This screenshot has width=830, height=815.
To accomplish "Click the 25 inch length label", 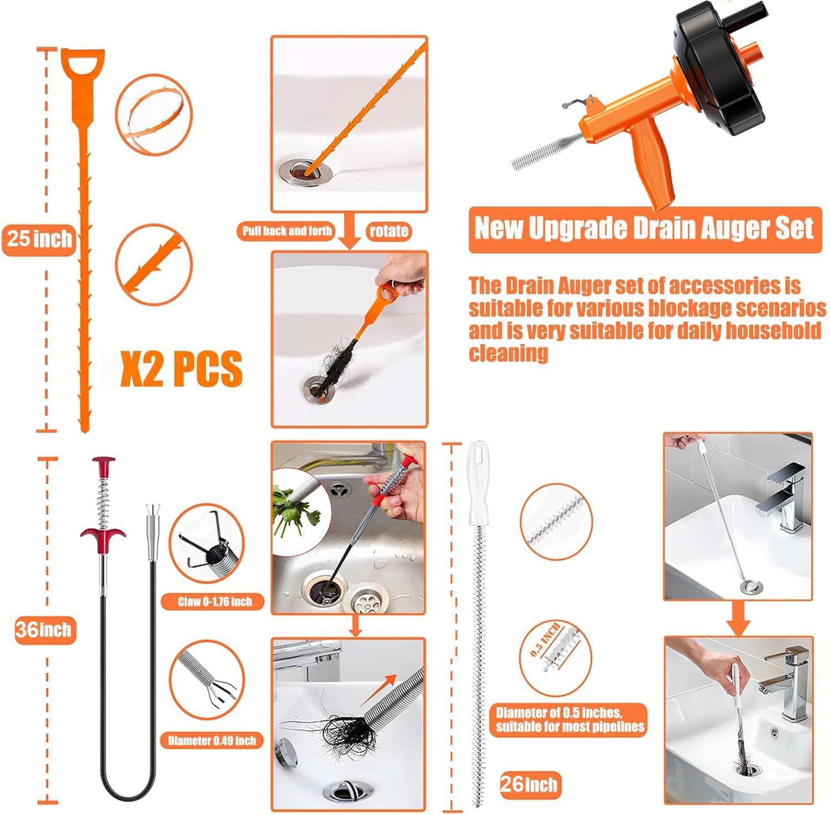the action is pos(39,239).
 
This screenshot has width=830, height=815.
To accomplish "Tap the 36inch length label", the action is pos(44,630).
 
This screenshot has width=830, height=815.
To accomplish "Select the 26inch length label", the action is pos(530,784).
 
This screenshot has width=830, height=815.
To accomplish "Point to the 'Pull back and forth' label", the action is pos(287,231).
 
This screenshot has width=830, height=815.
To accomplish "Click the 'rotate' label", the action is pos(389,231).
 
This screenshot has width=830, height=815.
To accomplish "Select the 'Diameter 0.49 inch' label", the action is pos(212,740).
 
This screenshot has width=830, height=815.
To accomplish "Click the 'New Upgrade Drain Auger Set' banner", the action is pos(645,229).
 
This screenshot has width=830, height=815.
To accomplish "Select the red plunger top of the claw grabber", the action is pos(103,466).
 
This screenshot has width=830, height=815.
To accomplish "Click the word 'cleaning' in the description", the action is pos(509,353).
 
